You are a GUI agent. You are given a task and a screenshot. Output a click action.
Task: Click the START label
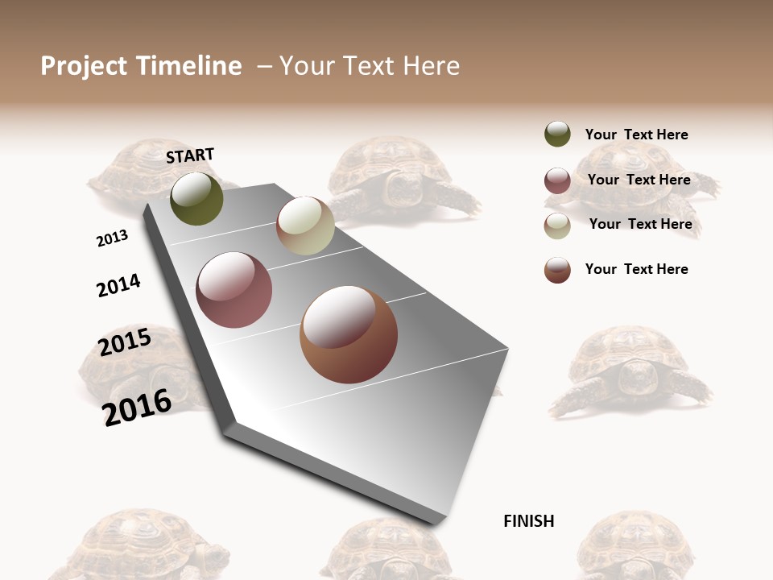click(190, 155)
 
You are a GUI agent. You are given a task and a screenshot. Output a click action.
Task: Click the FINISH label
click(528, 521)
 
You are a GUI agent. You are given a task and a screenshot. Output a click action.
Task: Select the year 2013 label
click(112, 238)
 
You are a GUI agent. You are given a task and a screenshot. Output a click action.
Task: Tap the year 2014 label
click(118, 285)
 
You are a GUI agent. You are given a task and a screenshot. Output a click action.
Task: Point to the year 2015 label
click(125, 342)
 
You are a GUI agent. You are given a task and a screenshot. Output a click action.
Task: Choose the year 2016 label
click(137, 408)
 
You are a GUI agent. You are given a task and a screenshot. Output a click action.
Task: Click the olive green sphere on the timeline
click(196, 198)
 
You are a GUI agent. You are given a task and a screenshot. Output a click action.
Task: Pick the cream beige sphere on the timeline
click(305, 226)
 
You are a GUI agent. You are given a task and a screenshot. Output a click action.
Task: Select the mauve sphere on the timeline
click(234, 290)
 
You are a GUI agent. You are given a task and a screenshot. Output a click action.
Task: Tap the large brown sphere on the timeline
click(348, 334)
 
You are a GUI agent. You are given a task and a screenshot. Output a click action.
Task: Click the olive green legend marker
click(557, 135)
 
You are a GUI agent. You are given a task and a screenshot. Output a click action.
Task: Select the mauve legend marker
click(557, 180)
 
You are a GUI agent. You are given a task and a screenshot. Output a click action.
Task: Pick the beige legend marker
click(557, 226)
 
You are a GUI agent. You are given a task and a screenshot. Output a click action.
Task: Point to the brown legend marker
click(557, 270)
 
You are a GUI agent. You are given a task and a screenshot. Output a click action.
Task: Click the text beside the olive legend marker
click(636, 135)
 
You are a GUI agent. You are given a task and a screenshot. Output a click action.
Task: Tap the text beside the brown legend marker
click(636, 269)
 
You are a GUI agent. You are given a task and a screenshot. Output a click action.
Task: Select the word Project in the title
click(84, 66)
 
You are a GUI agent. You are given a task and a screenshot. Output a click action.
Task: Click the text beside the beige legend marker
click(640, 224)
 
